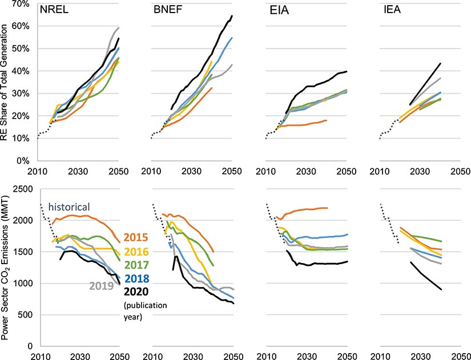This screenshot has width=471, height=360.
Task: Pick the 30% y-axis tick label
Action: [x=22, y=94]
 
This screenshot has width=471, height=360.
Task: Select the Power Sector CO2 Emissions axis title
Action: [x=7, y=268]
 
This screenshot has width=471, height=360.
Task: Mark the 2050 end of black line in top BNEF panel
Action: [x=232, y=15]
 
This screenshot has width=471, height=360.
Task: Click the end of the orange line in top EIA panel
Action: [x=327, y=120]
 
